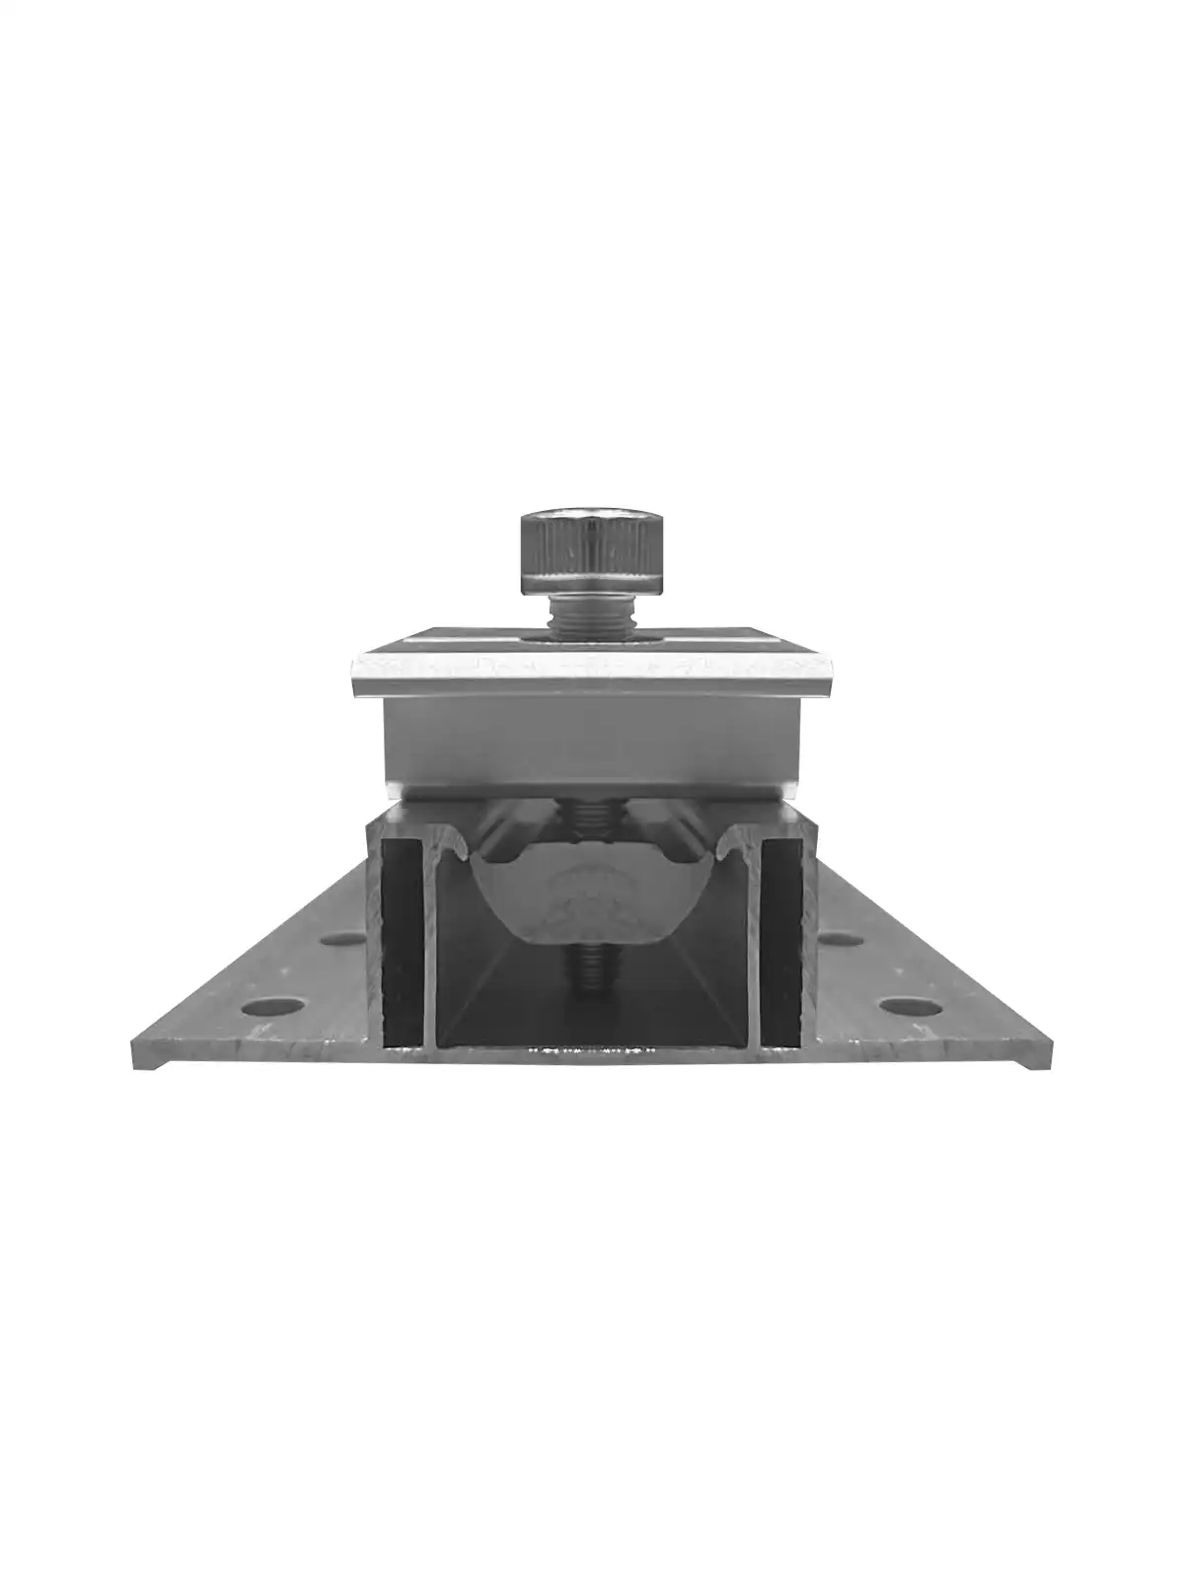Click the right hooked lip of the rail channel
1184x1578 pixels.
click(728, 843)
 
